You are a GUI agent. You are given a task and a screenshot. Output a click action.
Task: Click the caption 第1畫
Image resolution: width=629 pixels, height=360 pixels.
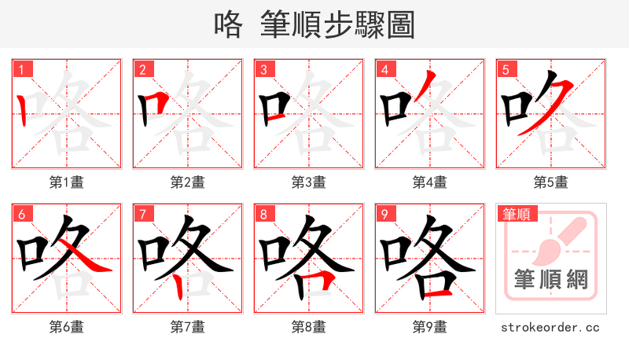coord(67,182)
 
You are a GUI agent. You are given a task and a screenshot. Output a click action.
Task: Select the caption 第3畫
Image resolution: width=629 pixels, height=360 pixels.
coord(309,182)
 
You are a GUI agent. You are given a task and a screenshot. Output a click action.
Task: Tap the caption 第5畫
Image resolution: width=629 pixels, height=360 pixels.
coord(551,182)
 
